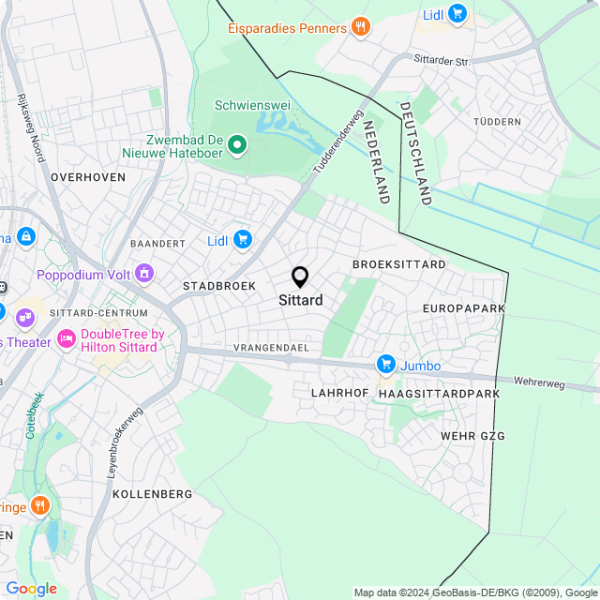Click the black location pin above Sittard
click(x=300, y=277)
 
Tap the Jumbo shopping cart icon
click(x=385, y=364)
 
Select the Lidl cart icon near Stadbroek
click(x=243, y=240)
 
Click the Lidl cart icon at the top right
click(x=457, y=13)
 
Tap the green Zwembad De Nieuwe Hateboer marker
click(x=237, y=144)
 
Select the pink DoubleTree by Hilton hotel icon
click(x=67, y=338)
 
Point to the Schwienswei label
click(x=249, y=105)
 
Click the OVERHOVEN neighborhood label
click(x=87, y=176)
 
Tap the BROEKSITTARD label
click(x=399, y=264)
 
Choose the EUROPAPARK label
click(x=464, y=308)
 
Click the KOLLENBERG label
click(x=152, y=493)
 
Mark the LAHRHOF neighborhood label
click(x=338, y=394)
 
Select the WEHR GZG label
click(x=472, y=437)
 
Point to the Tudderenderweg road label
click(x=337, y=143)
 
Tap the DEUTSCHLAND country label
click(x=414, y=153)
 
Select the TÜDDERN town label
click(x=496, y=122)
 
